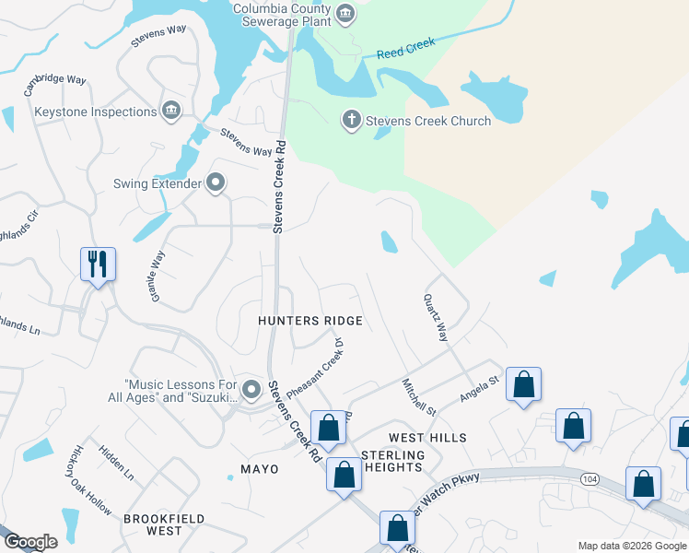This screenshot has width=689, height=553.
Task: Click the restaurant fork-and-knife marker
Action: coord(98,265)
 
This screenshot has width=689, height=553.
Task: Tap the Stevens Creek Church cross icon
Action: coord(351,120)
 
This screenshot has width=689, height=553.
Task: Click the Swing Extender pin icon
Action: coord(216,182)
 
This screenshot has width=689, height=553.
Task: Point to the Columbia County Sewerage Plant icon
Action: coord(345,13)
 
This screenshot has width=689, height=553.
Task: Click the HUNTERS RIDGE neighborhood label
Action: coord(309,321)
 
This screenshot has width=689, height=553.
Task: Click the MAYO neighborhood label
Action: coord(259,469)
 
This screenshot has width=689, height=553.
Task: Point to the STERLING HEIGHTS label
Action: coord(393,462)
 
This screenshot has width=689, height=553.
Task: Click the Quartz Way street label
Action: coord(435,318)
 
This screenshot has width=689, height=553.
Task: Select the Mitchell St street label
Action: coord(418,396)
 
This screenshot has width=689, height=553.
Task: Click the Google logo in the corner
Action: coord(29,543)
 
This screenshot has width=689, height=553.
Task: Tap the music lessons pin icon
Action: coord(251,390)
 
